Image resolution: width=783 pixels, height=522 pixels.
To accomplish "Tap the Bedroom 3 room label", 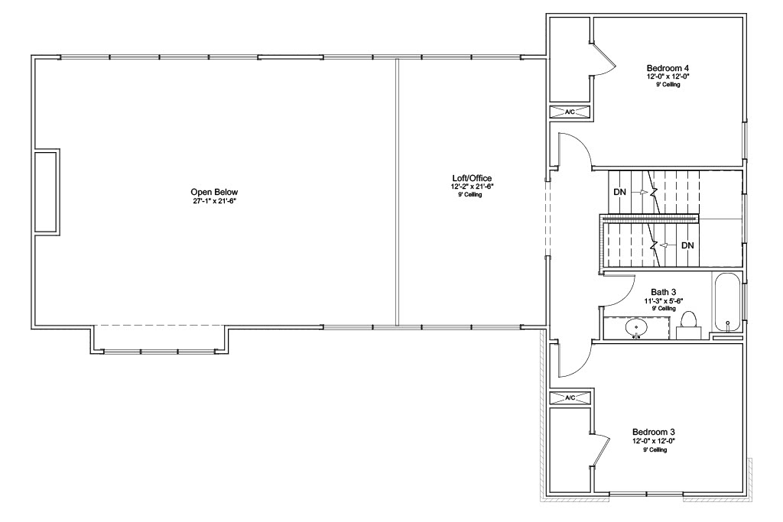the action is pyautogui.click(x=654, y=432).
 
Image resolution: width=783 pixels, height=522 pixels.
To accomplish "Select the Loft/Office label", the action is pyautogui.click(x=472, y=178).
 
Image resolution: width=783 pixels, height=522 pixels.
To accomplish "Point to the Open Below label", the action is pyautogui.click(x=214, y=192).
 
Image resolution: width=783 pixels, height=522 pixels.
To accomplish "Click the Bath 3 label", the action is pyautogui.click(x=663, y=293).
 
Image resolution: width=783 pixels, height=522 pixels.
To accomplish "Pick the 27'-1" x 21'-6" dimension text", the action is pyautogui.click(x=214, y=201).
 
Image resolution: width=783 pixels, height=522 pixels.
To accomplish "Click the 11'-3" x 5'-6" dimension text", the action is pyautogui.click(x=663, y=301).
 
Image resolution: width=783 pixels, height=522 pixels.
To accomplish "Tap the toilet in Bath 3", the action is pyautogui.click(x=689, y=326).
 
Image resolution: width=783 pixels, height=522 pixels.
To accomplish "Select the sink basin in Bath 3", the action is pyautogui.click(x=636, y=328).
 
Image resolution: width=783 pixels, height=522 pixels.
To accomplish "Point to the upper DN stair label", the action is pyautogui.click(x=619, y=192).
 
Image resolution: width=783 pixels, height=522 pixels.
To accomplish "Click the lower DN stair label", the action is pyautogui.click(x=687, y=245).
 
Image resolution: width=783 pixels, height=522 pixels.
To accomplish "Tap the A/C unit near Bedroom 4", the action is pyautogui.click(x=570, y=112).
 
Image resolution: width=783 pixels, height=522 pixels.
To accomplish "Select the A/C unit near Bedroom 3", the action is pyautogui.click(x=570, y=397).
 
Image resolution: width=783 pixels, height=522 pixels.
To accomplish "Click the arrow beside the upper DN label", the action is pyautogui.click(x=640, y=192).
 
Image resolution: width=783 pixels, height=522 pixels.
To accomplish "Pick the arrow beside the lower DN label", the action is pyautogui.click(x=668, y=245).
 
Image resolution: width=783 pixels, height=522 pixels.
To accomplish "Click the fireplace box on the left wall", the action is pyautogui.click(x=45, y=192).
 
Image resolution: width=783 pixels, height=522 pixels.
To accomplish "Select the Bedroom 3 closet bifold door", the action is pyautogui.click(x=601, y=451).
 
